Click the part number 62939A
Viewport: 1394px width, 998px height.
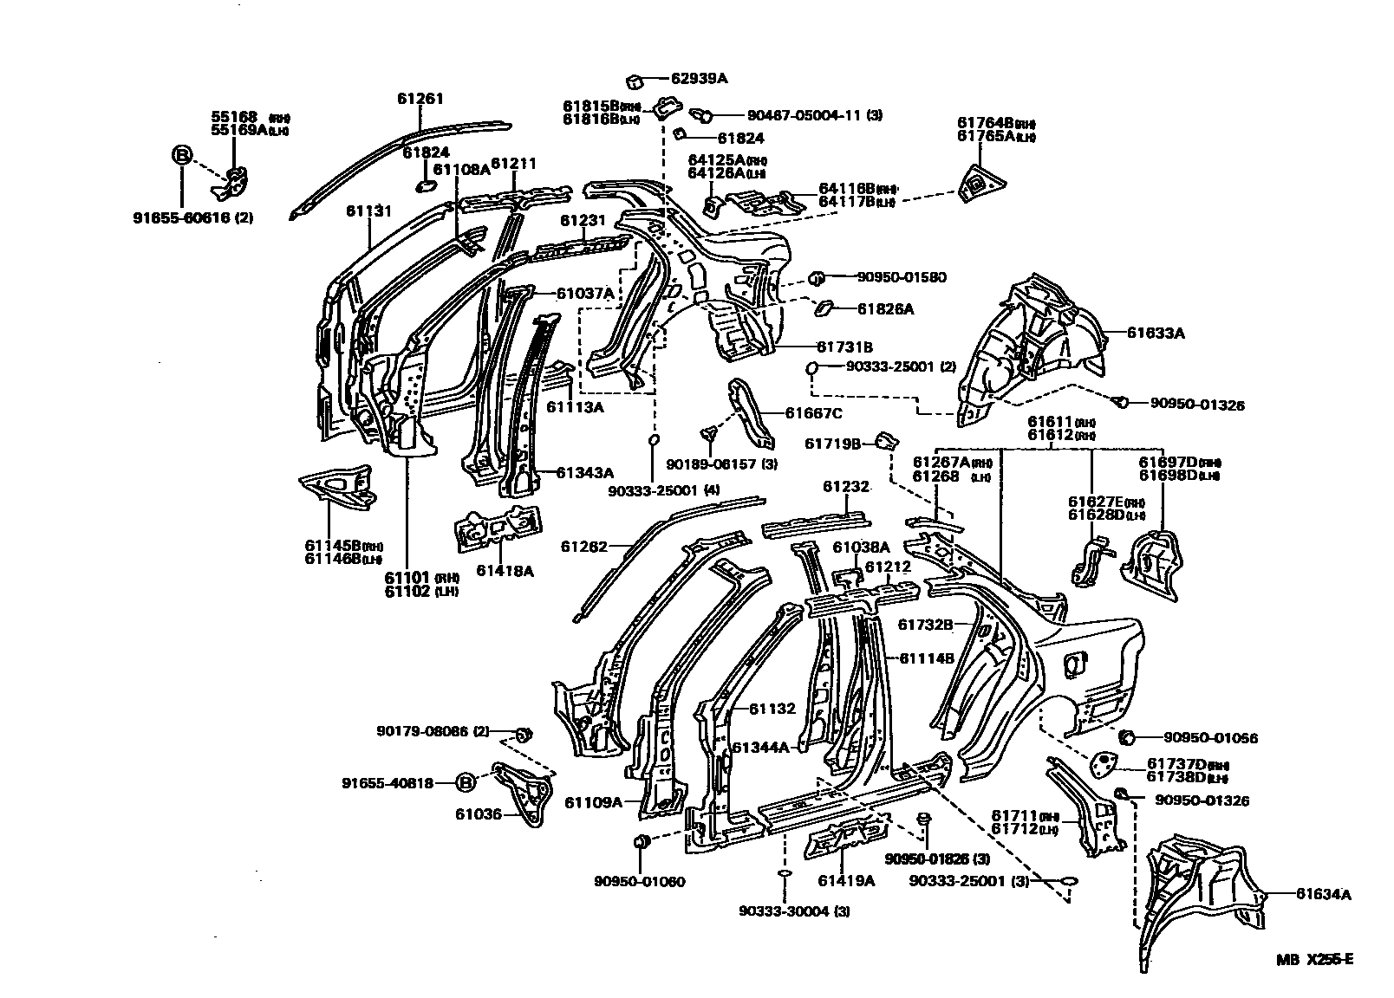[700, 79]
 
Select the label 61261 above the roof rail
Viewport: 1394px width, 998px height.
[420, 99]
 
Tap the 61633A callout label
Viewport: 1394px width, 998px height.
[1156, 333]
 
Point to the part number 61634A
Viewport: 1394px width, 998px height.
[1323, 895]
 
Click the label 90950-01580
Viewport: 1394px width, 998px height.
[902, 277]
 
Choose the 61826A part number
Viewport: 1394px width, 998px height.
[886, 308]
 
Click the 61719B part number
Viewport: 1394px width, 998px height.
[832, 444]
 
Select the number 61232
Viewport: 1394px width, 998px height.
[845, 487]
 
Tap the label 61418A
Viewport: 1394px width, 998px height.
[505, 571]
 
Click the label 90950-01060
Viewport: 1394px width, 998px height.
[640, 882]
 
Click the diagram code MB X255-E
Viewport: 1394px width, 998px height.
[1313, 959]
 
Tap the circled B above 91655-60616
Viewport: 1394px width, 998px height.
[182, 156]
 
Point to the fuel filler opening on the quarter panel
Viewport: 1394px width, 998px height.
[1073, 663]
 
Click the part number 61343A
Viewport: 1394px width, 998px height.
[584, 472]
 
